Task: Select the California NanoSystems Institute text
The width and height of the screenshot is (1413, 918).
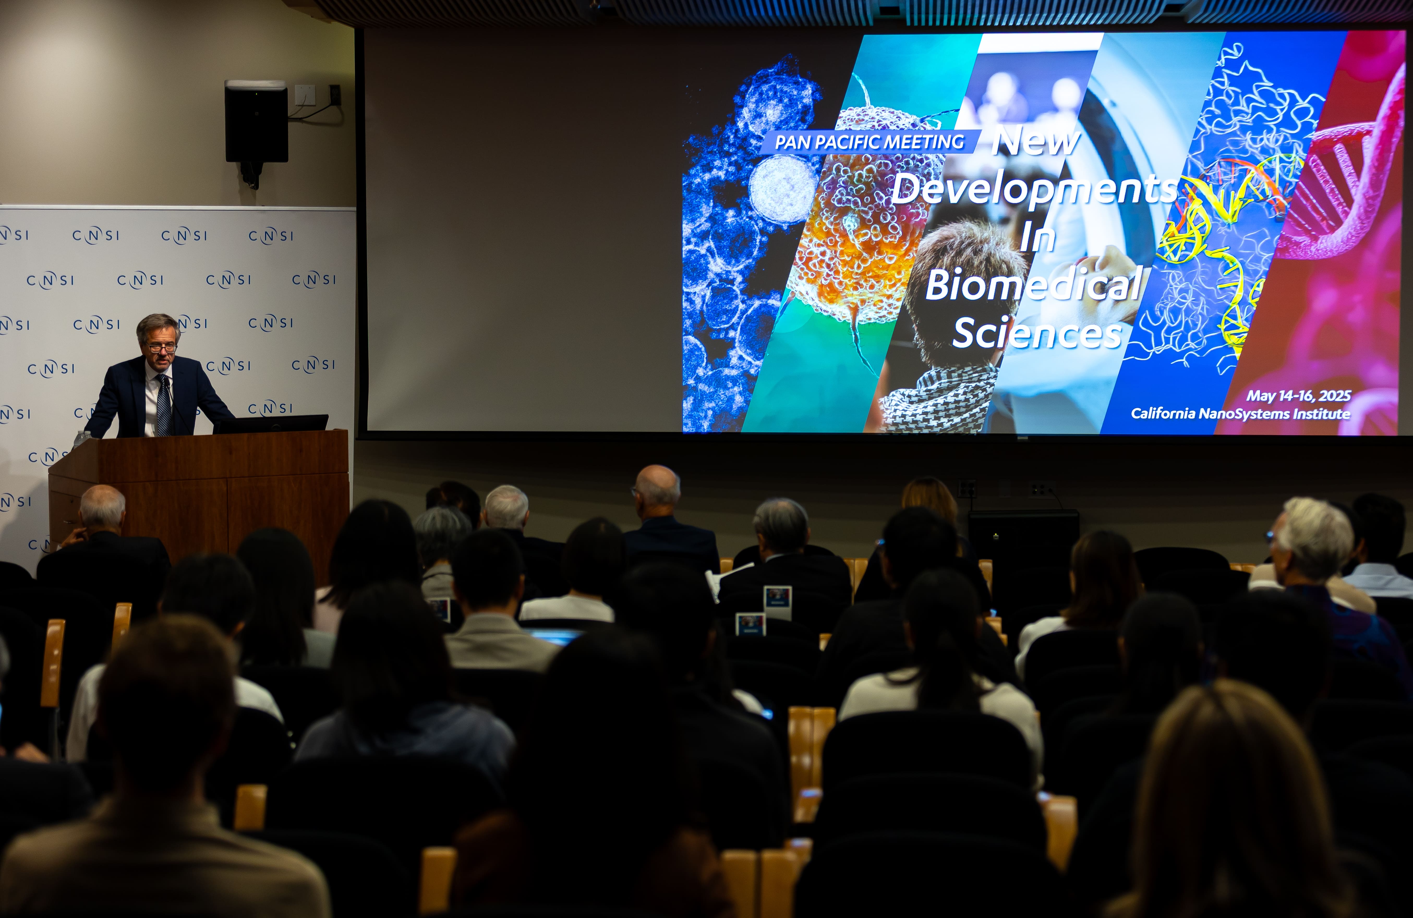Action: click(1240, 413)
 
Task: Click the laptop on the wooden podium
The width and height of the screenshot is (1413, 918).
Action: click(270, 423)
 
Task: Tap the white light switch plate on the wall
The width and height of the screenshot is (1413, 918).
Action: click(305, 95)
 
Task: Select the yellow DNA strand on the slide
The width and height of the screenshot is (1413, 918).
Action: click(1223, 249)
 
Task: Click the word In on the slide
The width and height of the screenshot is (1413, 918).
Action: click(1038, 236)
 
